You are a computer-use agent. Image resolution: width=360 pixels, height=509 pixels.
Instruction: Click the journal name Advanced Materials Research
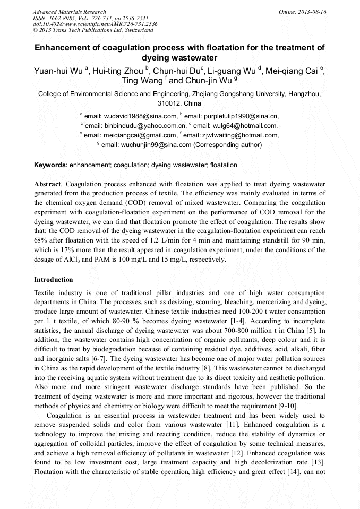coord(69,12)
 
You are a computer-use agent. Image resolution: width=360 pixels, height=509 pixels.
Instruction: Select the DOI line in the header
coord(95,24)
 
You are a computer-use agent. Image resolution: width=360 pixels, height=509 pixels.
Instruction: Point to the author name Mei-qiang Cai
coord(294,72)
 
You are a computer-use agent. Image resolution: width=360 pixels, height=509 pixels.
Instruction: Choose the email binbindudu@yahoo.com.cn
coord(135,125)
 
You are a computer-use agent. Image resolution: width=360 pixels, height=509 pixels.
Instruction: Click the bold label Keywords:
coord(51,165)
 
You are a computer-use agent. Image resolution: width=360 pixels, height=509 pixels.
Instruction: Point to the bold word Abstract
coord(47,183)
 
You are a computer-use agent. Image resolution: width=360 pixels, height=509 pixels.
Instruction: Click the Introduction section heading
coord(54,279)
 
